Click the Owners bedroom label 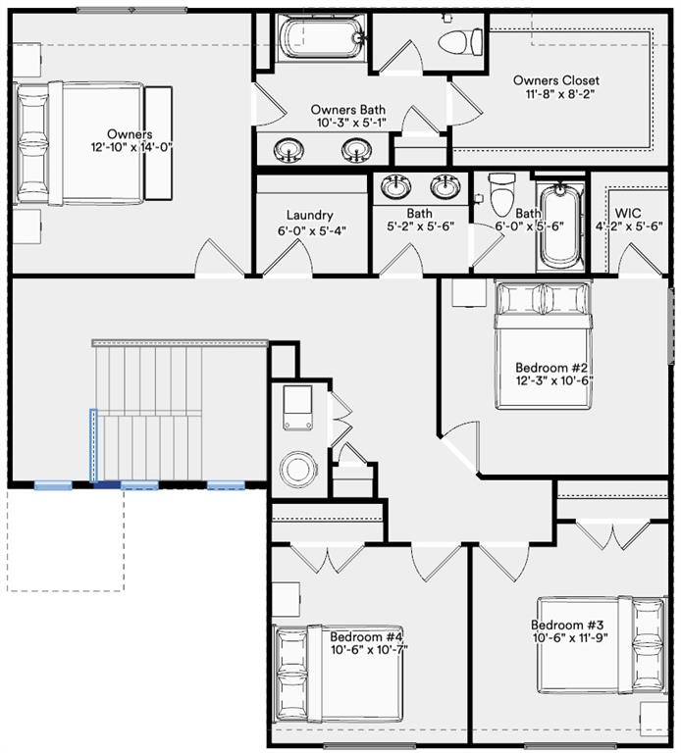(x=129, y=134)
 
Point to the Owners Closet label (x=555, y=80)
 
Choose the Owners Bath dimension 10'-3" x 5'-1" (x=348, y=124)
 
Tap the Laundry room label (x=309, y=216)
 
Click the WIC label (x=628, y=213)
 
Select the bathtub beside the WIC (x=561, y=226)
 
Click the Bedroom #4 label (x=366, y=635)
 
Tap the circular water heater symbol (x=297, y=468)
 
